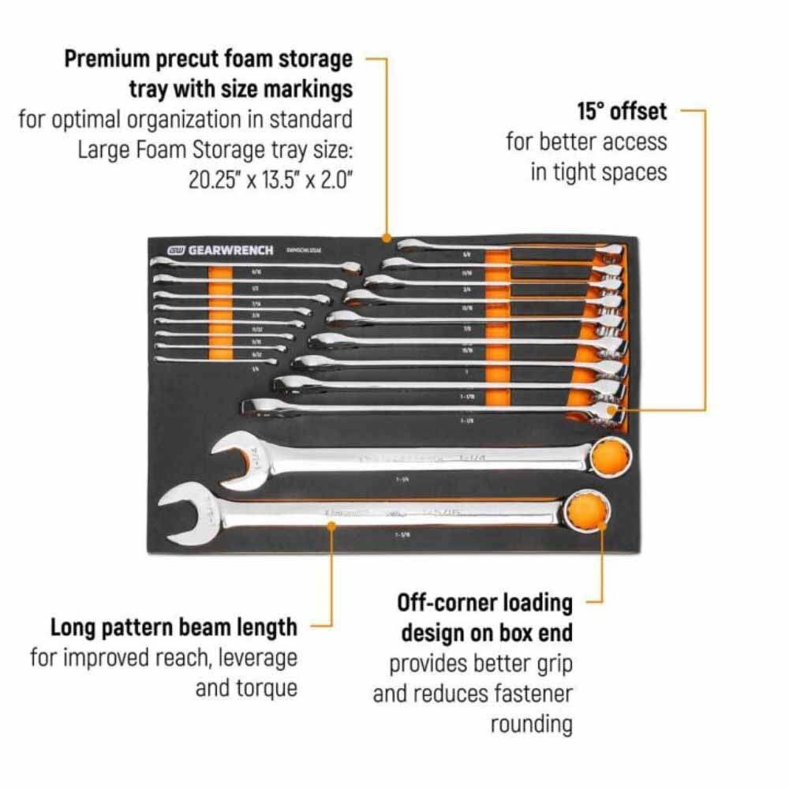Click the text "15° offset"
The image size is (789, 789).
pos(622,111)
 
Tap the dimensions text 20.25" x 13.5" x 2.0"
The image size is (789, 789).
pos(270,179)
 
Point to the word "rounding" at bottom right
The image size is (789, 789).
pos(531,724)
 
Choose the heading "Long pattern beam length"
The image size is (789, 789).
pos(174,627)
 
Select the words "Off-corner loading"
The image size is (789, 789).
pos(484,604)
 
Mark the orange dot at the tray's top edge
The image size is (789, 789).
pos(386,237)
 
